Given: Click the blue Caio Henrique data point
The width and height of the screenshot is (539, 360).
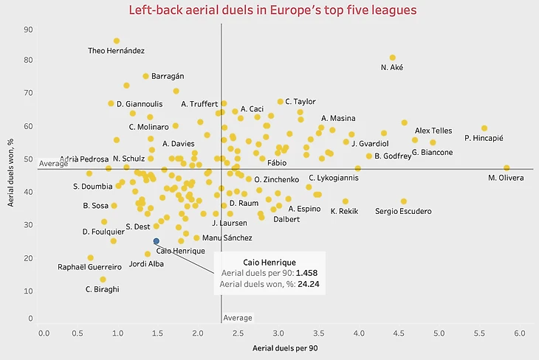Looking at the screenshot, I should [x=156, y=241].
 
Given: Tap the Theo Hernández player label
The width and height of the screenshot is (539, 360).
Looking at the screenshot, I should [x=116, y=51].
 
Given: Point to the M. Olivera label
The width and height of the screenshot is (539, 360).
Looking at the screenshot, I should [x=506, y=178].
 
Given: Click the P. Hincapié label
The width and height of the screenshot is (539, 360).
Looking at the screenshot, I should [x=484, y=138].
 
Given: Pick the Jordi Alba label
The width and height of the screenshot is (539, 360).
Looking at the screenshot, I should [x=145, y=263].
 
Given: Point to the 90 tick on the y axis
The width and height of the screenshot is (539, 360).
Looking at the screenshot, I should [x=28, y=30].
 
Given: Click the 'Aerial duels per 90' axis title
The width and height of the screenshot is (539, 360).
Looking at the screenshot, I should [x=284, y=347].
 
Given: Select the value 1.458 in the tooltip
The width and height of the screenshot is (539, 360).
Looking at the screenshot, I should [x=306, y=272].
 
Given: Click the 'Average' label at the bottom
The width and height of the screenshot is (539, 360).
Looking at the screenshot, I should [x=238, y=318].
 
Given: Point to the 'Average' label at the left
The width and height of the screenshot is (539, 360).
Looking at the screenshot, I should [x=53, y=163].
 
